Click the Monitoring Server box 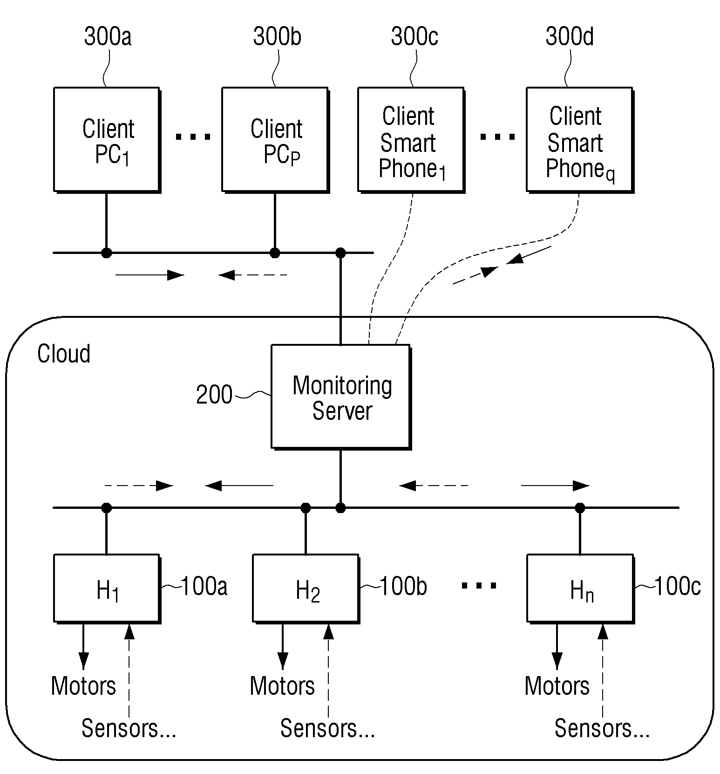[341, 397]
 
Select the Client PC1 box [107, 140]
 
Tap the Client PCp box [275, 140]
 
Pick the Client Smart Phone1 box [411, 140]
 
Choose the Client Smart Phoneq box [580, 140]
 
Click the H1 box [107, 589]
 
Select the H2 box [306, 589]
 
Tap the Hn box [580, 589]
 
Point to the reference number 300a [108, 36]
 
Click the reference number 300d [570, 36]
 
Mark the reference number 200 [214, 395]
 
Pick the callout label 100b [403, 586]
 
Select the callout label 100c [678, 586]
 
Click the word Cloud [64, 354]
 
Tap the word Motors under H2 [282, 686]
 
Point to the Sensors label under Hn [602, 728]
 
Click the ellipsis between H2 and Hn [479, 586]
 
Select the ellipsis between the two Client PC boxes [193, 137]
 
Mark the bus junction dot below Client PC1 [107, 253]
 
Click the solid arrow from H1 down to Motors [83, 646]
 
